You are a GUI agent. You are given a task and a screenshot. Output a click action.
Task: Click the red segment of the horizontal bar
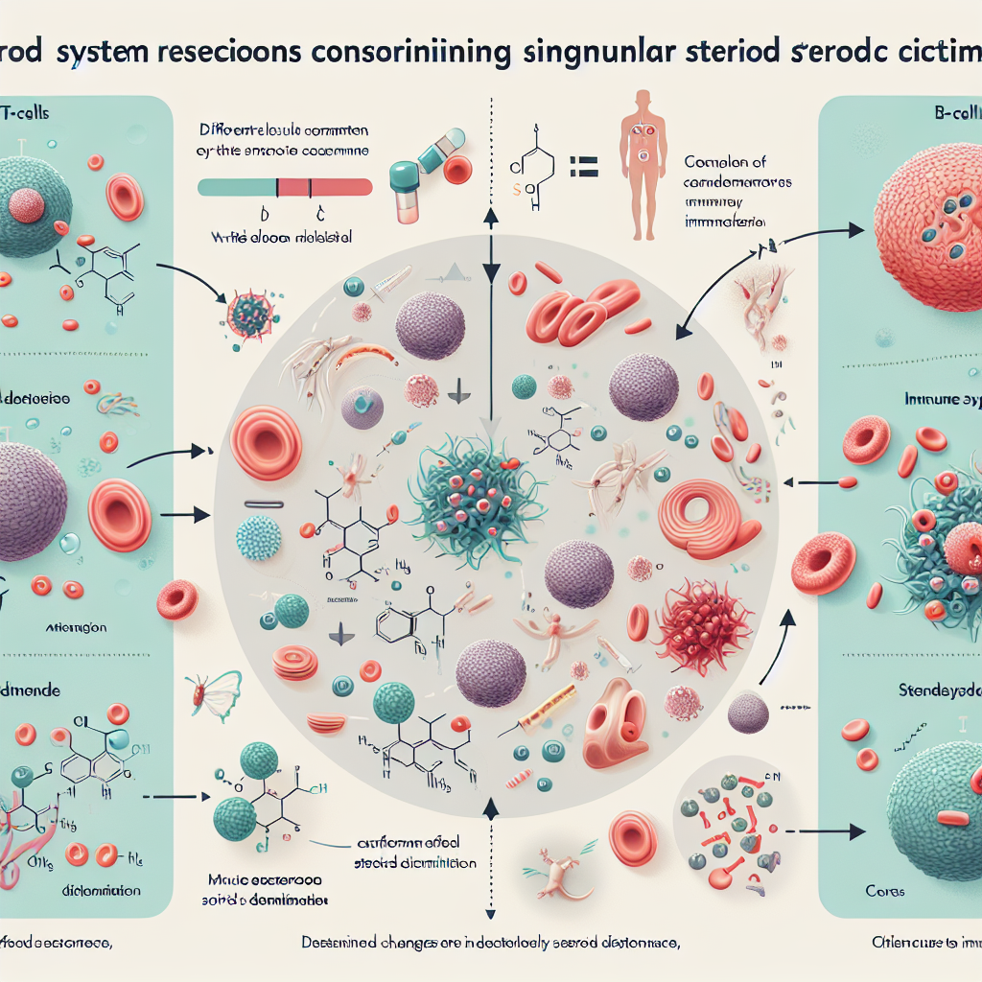pyautogui.click(x=325, y=186)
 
